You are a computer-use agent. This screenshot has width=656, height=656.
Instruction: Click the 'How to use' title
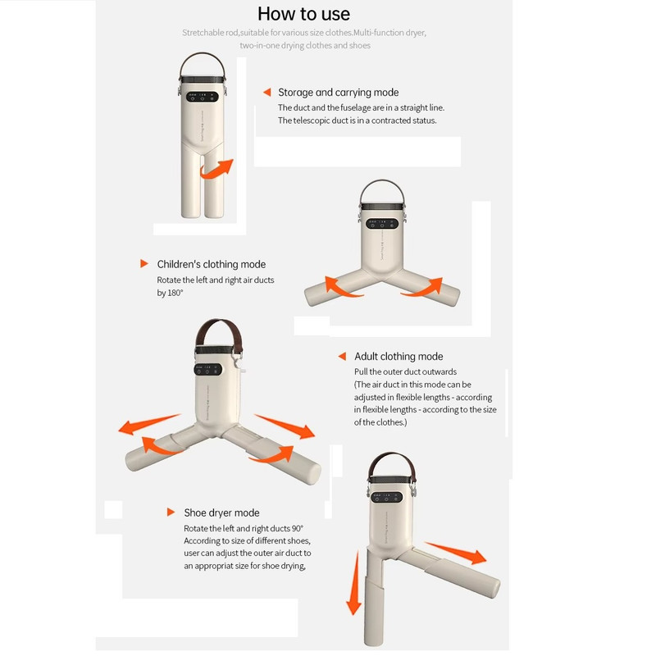303,14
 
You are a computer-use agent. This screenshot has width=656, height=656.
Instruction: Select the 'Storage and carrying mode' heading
339,93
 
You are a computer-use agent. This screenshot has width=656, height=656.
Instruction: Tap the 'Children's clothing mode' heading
212,264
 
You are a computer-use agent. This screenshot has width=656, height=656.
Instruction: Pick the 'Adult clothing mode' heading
399,357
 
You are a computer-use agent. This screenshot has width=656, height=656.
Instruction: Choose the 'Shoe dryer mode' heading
221,513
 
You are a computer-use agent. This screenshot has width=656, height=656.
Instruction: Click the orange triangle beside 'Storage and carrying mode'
267,92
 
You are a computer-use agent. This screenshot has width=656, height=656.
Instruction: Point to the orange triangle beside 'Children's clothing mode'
144,263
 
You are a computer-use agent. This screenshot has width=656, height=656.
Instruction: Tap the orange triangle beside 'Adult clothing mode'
342,356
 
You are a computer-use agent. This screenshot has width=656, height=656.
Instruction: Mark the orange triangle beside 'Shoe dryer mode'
171,512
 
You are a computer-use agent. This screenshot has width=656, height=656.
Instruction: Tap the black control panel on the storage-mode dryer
203,97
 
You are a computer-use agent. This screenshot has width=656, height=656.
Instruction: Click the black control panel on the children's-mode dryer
382,224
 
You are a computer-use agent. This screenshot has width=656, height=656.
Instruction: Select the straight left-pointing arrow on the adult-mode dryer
149,424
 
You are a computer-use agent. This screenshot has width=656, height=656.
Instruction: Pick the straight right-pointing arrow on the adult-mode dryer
285,426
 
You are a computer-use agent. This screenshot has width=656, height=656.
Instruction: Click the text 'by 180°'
170,293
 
